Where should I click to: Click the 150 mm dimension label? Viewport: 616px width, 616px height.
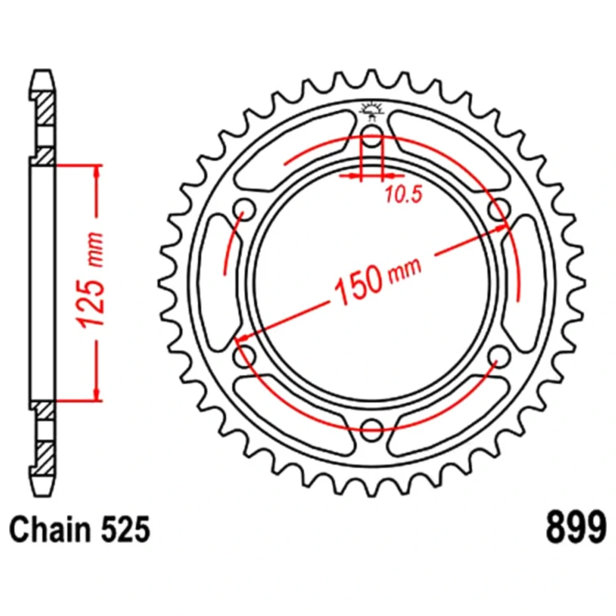378,277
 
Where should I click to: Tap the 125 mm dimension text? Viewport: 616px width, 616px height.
91,280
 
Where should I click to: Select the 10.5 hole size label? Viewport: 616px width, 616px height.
404,195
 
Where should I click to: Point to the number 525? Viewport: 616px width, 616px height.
125,530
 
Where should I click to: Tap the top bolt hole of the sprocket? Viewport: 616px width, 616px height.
371,136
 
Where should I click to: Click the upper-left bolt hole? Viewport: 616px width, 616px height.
245,209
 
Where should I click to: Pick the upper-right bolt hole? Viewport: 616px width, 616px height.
500,209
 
